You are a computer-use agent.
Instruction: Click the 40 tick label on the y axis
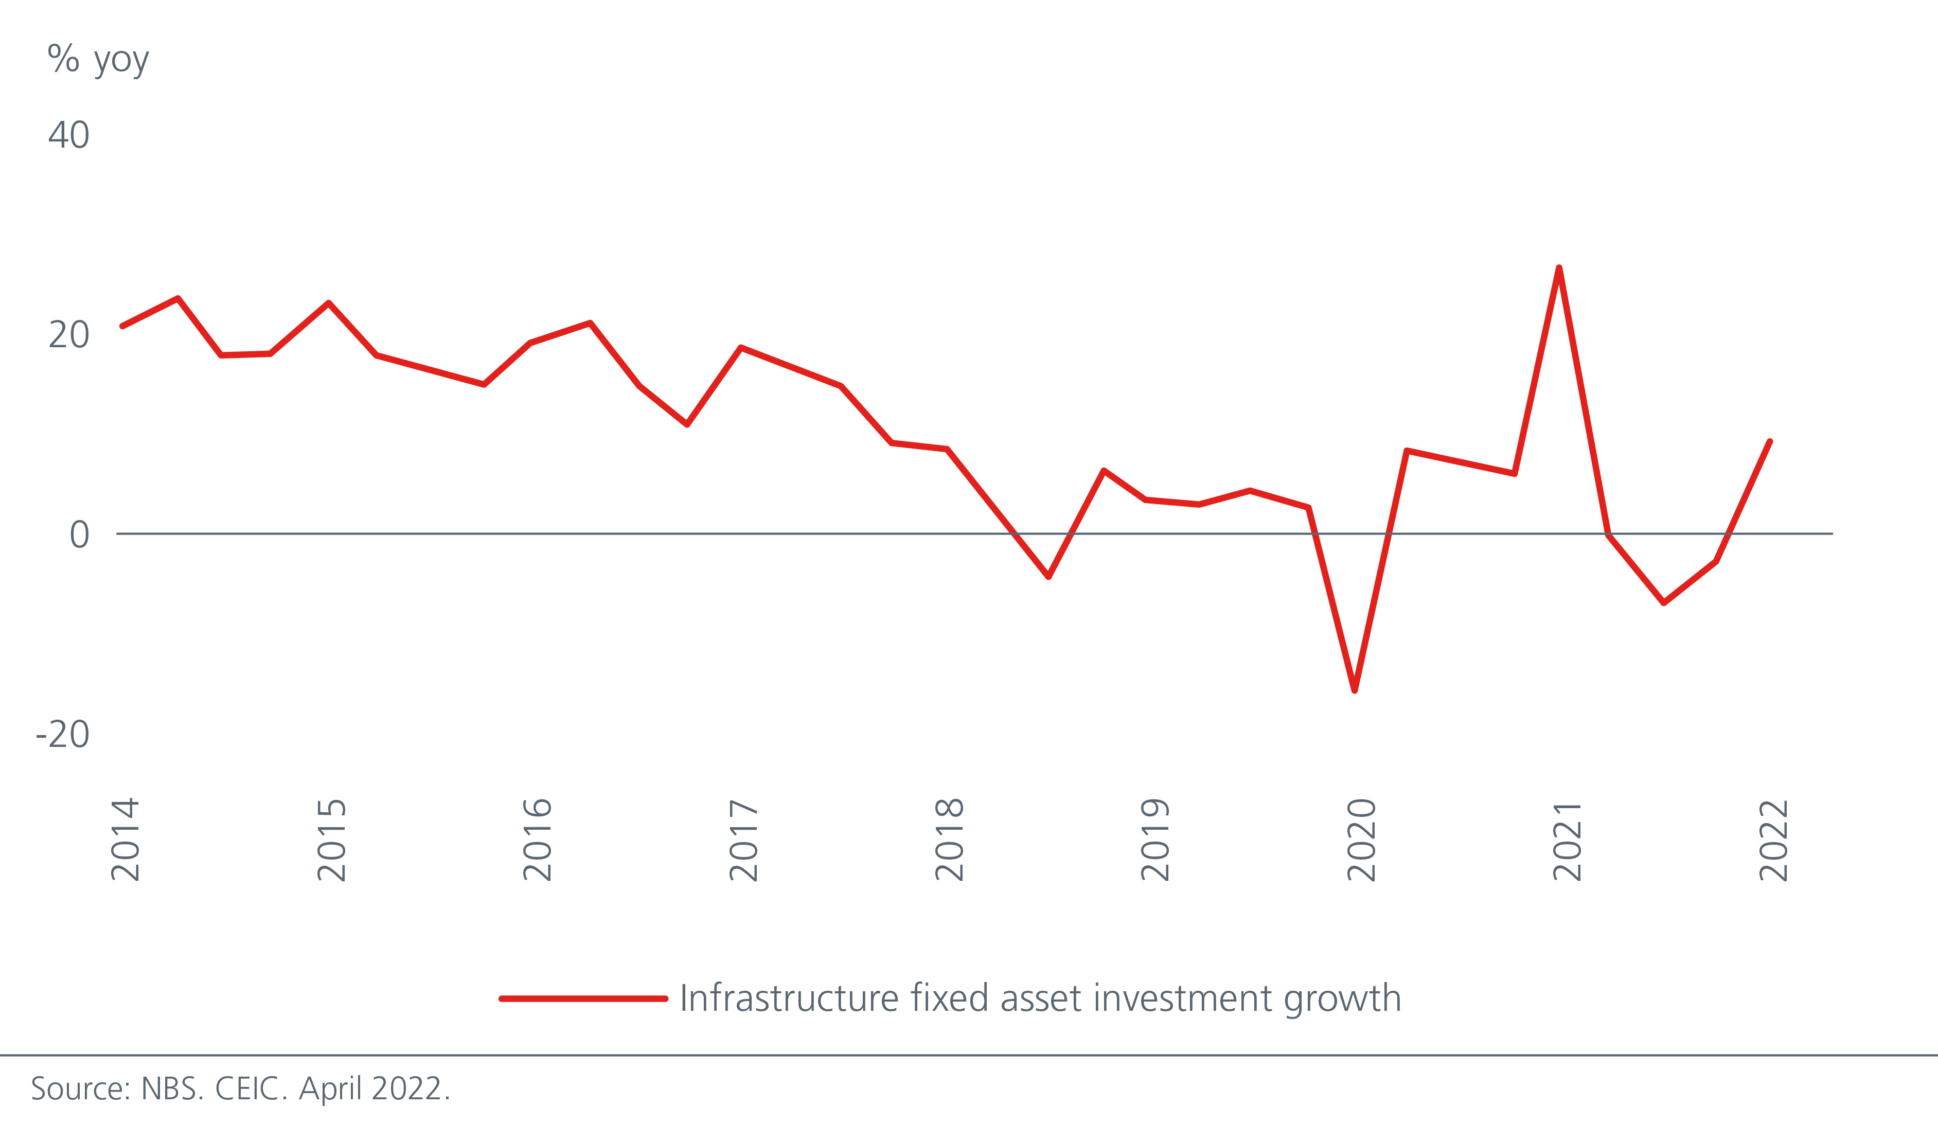click(x=68, y=136)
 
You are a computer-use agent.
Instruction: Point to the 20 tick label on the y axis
click(x=68, y=335)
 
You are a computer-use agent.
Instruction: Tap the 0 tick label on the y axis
click(x=79, y=534)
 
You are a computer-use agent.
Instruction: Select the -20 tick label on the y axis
click(x=62, y=734)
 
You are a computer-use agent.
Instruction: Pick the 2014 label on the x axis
click(x=125, y=840)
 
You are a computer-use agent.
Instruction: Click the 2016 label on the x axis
click(x=537, y=840)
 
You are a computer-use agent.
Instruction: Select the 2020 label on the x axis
click(x=1361, y=840)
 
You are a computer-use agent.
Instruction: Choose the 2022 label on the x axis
click(x=1773, y=840)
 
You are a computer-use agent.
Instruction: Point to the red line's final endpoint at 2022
click(x=1769, y=442)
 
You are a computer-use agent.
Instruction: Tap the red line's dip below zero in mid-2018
click(x=1048, y=576)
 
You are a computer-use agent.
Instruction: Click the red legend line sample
click(x=583, y=999)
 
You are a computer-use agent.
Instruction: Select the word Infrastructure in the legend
click(x=789, y=998)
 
